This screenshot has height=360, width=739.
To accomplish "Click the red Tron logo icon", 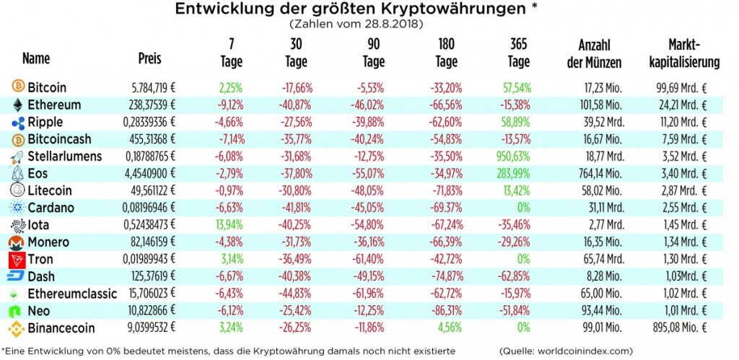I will (x=16, y=259).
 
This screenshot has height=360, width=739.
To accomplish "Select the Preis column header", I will (x=149, y=58).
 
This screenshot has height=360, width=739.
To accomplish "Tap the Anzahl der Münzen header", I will (x=594, y=53).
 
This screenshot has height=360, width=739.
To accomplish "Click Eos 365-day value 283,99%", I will (x=515, y=174).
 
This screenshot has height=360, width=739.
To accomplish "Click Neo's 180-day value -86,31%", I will (x=446, y=311).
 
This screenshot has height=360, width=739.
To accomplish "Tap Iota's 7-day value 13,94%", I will (x=230, y=225).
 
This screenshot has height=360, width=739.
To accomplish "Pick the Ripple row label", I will (x=45, y=122).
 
